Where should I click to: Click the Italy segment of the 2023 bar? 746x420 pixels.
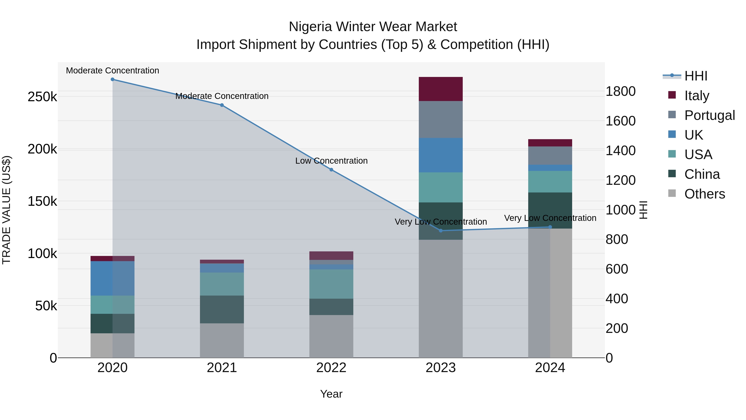(x=441, y=89)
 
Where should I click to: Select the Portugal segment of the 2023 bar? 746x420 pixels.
(x=441, y=119)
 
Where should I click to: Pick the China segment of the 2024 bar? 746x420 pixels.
(x=550, y=211)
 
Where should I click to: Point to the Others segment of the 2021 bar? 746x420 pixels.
(x=222, y=340)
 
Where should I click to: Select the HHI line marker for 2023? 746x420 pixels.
(x=441, y=231)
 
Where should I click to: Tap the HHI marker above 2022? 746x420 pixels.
(x=331, y=170)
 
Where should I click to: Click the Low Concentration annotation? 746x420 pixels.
(x=331, y=161)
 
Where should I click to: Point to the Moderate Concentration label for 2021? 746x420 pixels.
(x=222, y=96)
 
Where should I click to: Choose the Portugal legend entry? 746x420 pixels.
(x=709, y=115)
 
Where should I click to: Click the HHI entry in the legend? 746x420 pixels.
(x=696, y=76)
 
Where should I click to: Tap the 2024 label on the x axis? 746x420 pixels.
(x=550, y=368)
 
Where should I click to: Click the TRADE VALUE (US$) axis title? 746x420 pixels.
(x=7, y=210)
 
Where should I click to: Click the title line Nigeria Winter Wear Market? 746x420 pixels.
(x=373, y=27)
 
